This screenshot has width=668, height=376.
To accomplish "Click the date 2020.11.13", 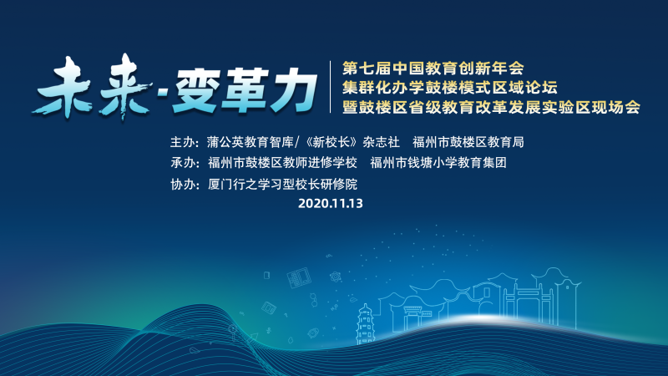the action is (331, 203).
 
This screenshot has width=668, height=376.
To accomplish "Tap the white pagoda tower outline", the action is (365, 323).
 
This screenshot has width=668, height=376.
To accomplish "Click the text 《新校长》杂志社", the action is (351, 142).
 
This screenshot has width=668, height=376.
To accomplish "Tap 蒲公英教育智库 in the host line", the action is (250, 142).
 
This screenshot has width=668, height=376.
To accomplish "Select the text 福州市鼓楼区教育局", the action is (468, 142).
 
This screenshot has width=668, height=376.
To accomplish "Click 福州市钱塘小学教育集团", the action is (438, 162).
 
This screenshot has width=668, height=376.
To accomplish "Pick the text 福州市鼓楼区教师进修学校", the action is (282, 162).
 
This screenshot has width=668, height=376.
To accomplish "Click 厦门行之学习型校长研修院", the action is (282, 184).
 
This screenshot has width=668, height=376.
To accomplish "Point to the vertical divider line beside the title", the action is (331, 87).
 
